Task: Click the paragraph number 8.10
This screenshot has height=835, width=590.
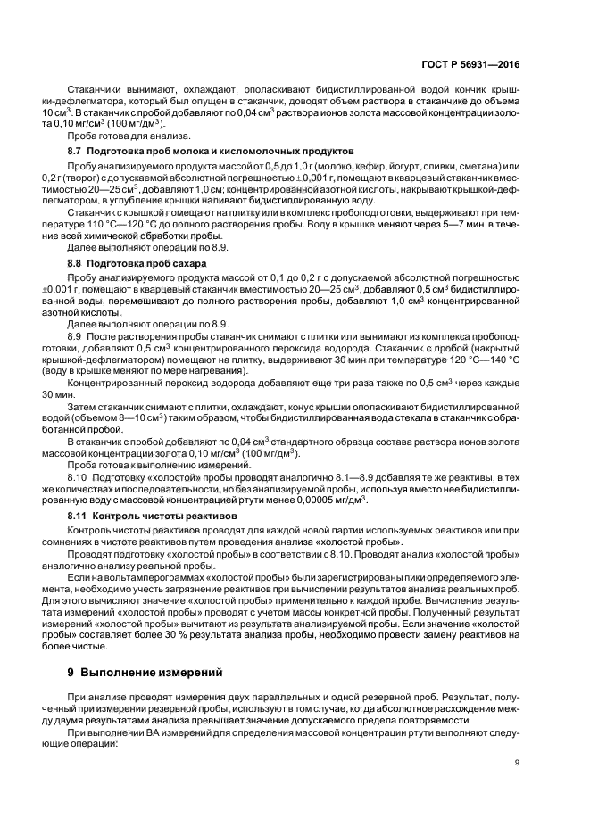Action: tap(78, 477)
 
